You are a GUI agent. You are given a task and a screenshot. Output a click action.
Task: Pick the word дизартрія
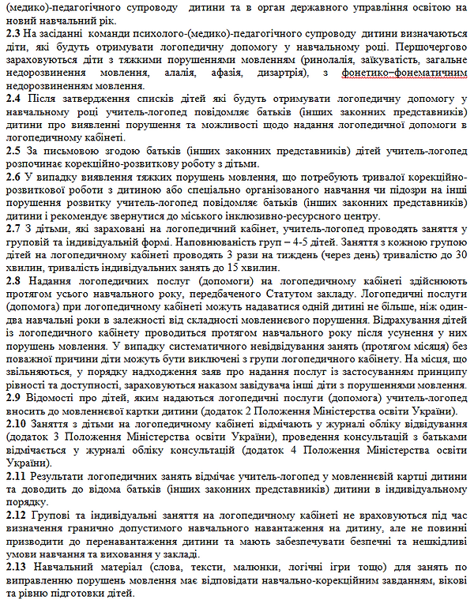coord(280,73)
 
